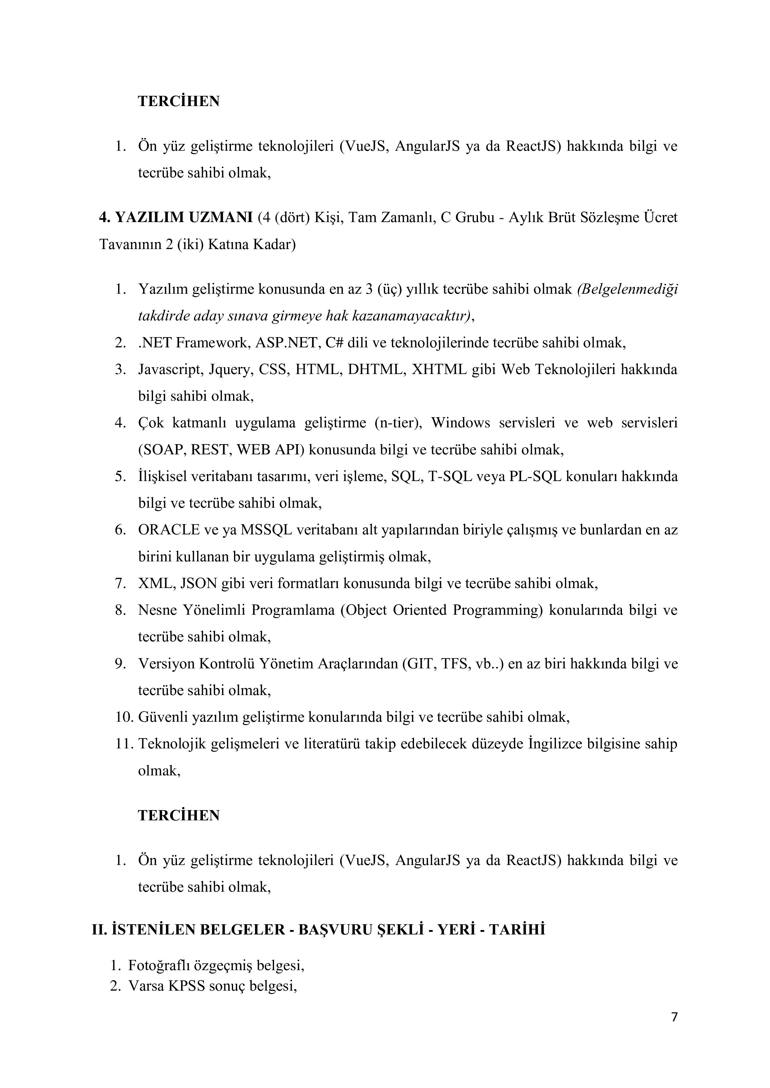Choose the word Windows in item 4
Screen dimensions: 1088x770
[x=460, y=423]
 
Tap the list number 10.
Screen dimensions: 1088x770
[x=124, y=717]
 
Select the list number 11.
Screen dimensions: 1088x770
[x=124, y=744]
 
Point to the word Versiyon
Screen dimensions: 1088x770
[x=166, y=664]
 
